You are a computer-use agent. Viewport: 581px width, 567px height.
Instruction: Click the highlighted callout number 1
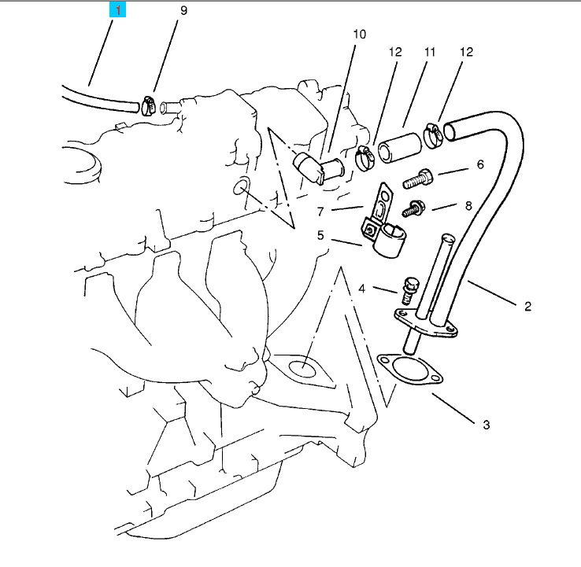tap(117, 9)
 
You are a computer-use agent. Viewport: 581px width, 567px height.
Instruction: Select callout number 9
tap(183, 10)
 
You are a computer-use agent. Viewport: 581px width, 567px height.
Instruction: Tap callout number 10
tap(359, 34)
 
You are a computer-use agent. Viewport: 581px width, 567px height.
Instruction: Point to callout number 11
tap(429, 52)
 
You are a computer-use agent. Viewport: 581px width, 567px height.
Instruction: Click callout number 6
tap(480, 164)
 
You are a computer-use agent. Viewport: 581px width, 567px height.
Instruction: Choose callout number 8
tap(468, 205)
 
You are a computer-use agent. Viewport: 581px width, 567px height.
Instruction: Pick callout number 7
tap(320, 212)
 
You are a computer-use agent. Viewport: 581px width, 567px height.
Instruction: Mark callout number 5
tap(320, 235)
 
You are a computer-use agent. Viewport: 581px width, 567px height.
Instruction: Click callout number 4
tap(362, 289)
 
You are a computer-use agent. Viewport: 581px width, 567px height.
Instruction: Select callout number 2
tap(527, 306)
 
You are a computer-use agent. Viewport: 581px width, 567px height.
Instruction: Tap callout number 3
tap(487, 425)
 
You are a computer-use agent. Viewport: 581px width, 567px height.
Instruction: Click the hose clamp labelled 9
tap(150, 105)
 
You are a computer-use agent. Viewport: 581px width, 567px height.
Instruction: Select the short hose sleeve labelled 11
tap(400, 148)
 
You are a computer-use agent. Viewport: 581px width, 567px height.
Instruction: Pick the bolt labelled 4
tap(410, 290)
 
